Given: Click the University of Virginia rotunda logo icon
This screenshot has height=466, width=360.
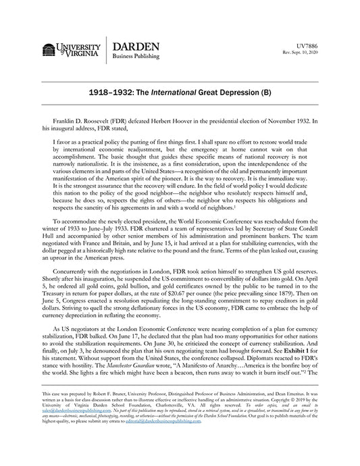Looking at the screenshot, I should pos(50,49).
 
